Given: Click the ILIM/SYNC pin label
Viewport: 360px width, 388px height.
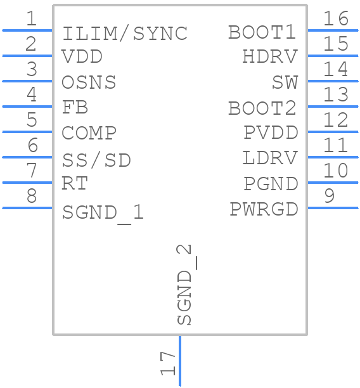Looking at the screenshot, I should [125, 33].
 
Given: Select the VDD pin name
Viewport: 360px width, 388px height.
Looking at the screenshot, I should [82, 57].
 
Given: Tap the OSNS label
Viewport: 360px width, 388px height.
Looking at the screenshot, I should [89, 82].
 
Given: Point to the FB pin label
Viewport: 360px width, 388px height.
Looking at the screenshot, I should [75, 107].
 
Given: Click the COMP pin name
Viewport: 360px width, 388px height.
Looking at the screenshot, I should [89, 133].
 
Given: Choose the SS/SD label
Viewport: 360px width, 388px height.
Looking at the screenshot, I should [96, 160].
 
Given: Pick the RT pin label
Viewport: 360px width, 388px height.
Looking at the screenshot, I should [75, 184].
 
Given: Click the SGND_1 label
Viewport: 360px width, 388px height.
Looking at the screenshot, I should [103, 212].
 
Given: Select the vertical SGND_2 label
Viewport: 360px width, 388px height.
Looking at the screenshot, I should [184, 285].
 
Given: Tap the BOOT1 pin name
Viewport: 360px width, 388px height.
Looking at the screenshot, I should [262, 32].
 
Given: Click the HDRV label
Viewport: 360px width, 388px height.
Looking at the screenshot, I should [269, 57].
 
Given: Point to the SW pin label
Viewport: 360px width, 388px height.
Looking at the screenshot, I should [285, 82].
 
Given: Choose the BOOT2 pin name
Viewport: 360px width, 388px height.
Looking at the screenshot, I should [262, 108].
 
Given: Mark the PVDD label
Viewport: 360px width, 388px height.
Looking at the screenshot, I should [271, 133].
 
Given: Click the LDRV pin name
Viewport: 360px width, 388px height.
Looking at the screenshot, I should [270, 158].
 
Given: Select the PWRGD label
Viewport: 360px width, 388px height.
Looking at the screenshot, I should [264, 209].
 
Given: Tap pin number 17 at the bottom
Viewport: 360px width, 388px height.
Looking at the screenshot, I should [167, 364].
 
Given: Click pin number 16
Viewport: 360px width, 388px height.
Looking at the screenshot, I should [336, 18].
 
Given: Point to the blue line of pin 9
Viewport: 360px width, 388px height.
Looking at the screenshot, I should [333, 208].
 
